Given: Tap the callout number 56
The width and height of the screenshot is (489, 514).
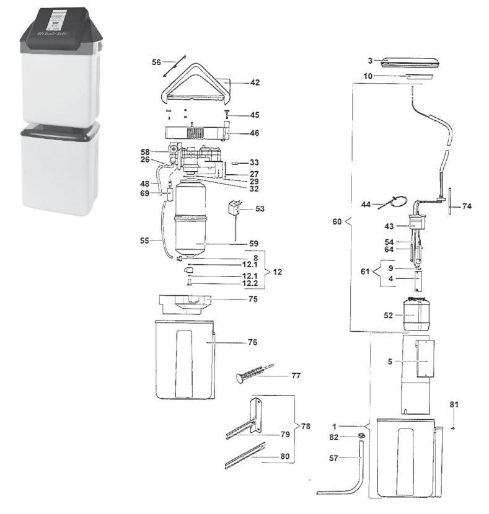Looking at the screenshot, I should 156,62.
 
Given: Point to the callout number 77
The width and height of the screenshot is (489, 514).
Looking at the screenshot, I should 296,376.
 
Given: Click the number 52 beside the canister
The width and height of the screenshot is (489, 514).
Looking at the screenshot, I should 389,315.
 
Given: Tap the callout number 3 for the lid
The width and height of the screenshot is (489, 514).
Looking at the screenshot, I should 370,61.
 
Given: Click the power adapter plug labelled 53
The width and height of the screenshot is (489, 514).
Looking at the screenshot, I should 236,207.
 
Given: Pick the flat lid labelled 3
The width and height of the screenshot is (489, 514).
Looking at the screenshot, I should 410,61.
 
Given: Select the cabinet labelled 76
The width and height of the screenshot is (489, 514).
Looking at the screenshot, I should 183,360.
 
